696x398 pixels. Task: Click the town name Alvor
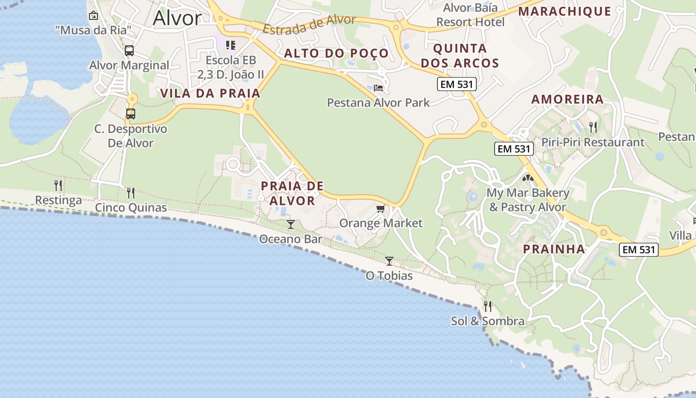pos(177,18)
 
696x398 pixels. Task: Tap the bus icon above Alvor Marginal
pos(129,50)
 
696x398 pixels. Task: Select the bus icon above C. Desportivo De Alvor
pos(131,114)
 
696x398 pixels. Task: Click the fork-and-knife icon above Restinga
pos(59,186)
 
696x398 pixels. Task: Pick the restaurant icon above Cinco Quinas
pos(131,193)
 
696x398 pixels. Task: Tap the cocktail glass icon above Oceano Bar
pos(291,224)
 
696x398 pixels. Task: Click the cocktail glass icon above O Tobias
pos(389,261)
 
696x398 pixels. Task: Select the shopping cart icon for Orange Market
pos(381,208)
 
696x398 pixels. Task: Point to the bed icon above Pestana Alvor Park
pos(378,88)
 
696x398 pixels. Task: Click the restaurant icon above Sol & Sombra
pos(488,306)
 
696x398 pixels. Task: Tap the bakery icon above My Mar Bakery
pos(527,178)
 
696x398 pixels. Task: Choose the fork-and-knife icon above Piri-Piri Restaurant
pos(593,127)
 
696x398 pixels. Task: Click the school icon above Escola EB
pos(231,46)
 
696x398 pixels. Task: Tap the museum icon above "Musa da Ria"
pos(93,15)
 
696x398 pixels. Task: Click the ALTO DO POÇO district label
pos(336,53)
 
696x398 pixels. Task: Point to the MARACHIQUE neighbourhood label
pos(565,11)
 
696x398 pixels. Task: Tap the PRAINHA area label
pos(554,249)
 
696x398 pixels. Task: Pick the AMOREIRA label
pos(568,99)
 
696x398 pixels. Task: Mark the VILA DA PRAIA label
pos(210,93)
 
